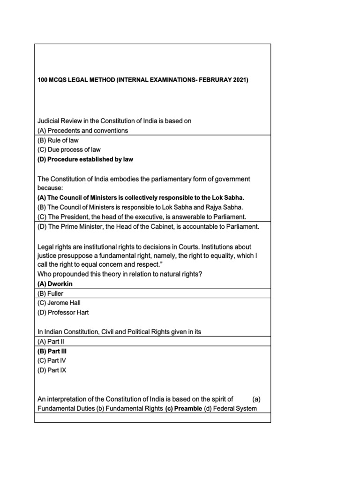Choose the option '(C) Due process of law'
click(x=69, y=150)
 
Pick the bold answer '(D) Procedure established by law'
click(x=85, y=159)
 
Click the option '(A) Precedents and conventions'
click(x=83, y=130)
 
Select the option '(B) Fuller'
click(x=50, y=293)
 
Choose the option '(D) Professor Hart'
click(x=63, y=312)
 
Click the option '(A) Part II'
click(x=50, y=342)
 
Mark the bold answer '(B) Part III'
click(x=51, y=351)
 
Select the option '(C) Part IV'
click(x=51, y=360)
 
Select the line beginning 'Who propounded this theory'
click(x=120, y=274)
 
